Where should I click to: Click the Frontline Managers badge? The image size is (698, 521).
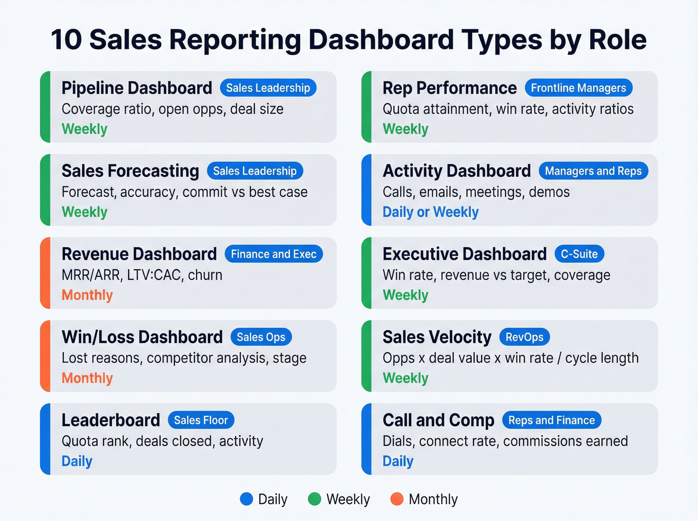pyautogui.click(x=578, y=88)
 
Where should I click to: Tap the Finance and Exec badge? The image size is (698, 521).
pyautogui.click(x=273, y=254)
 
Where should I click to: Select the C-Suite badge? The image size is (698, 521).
pyautogui.click(x=579, y=254)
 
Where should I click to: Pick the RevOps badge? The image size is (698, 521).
pyautogui.click(x=524, y=337)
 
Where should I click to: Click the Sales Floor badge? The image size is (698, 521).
pyautogui.click(x=200, y=420)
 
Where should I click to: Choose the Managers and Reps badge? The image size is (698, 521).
pyautogui.click(x=593, y=171)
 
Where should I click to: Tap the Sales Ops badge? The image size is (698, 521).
pyautogui.click(x=261, y=337)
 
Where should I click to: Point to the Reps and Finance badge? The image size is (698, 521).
pyautogui.click(x=551, y=420)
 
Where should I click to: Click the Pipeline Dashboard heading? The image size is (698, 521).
pyautogui.click(x=137, y=88)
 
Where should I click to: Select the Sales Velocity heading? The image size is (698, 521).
pyautogui.click(x=437, y=338)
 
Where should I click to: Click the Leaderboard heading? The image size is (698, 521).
pyautogui.click(x=111, y=420)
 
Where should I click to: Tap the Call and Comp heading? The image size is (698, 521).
pyautogui.click(x=438, y=420)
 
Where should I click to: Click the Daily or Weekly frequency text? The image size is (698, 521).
pyautogui.click(x=430, y=212)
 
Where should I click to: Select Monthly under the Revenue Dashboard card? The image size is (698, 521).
pyautogui.click(x=87, y=295)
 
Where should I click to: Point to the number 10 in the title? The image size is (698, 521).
pyautogui.click(x=66, y=40)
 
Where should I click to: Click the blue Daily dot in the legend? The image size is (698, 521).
pyautogui.click(x=246, y=499)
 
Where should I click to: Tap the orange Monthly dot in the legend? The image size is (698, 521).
pyautogui.click(x=397, y=499)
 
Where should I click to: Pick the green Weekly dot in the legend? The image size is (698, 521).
pyautogui.click(x=315, y=499)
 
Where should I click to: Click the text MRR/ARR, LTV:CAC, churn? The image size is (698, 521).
pyautogui.click(x=142, y=275)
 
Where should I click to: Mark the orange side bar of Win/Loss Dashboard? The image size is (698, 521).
pyautogui.click(x=45, y=356)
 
